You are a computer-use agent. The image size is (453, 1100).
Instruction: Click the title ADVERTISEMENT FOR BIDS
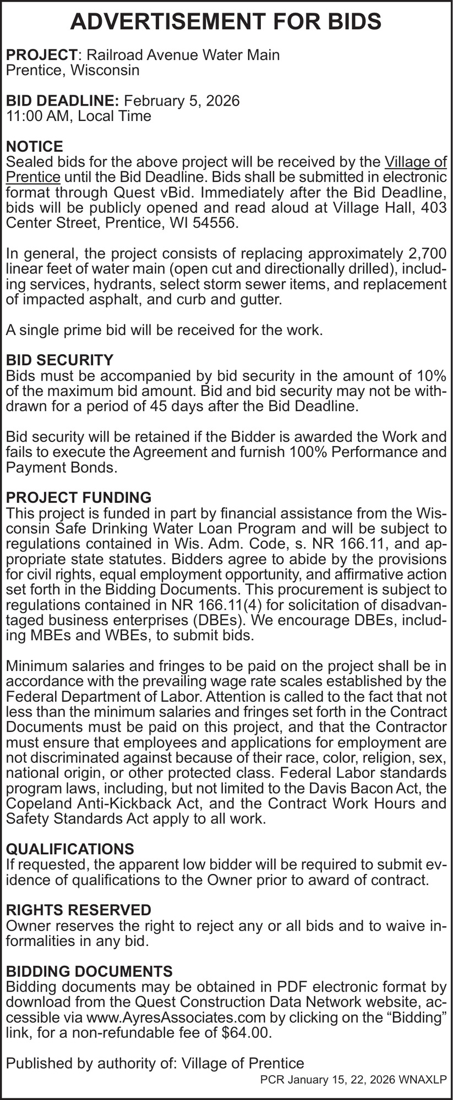tap(226, 21)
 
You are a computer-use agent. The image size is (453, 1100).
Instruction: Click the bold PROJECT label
tap(41, 55)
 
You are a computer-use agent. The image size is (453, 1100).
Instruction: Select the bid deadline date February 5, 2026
tap(182, 101)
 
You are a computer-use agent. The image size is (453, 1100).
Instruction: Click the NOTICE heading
tap(34, 147)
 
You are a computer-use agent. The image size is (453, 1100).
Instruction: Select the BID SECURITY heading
tap(59, 360)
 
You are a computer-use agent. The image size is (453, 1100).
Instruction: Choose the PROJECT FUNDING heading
tap(78, 498)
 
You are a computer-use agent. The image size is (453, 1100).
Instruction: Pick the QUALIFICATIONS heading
tap(69, 849)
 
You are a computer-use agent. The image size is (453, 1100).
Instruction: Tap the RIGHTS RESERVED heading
tap(78, 909)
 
